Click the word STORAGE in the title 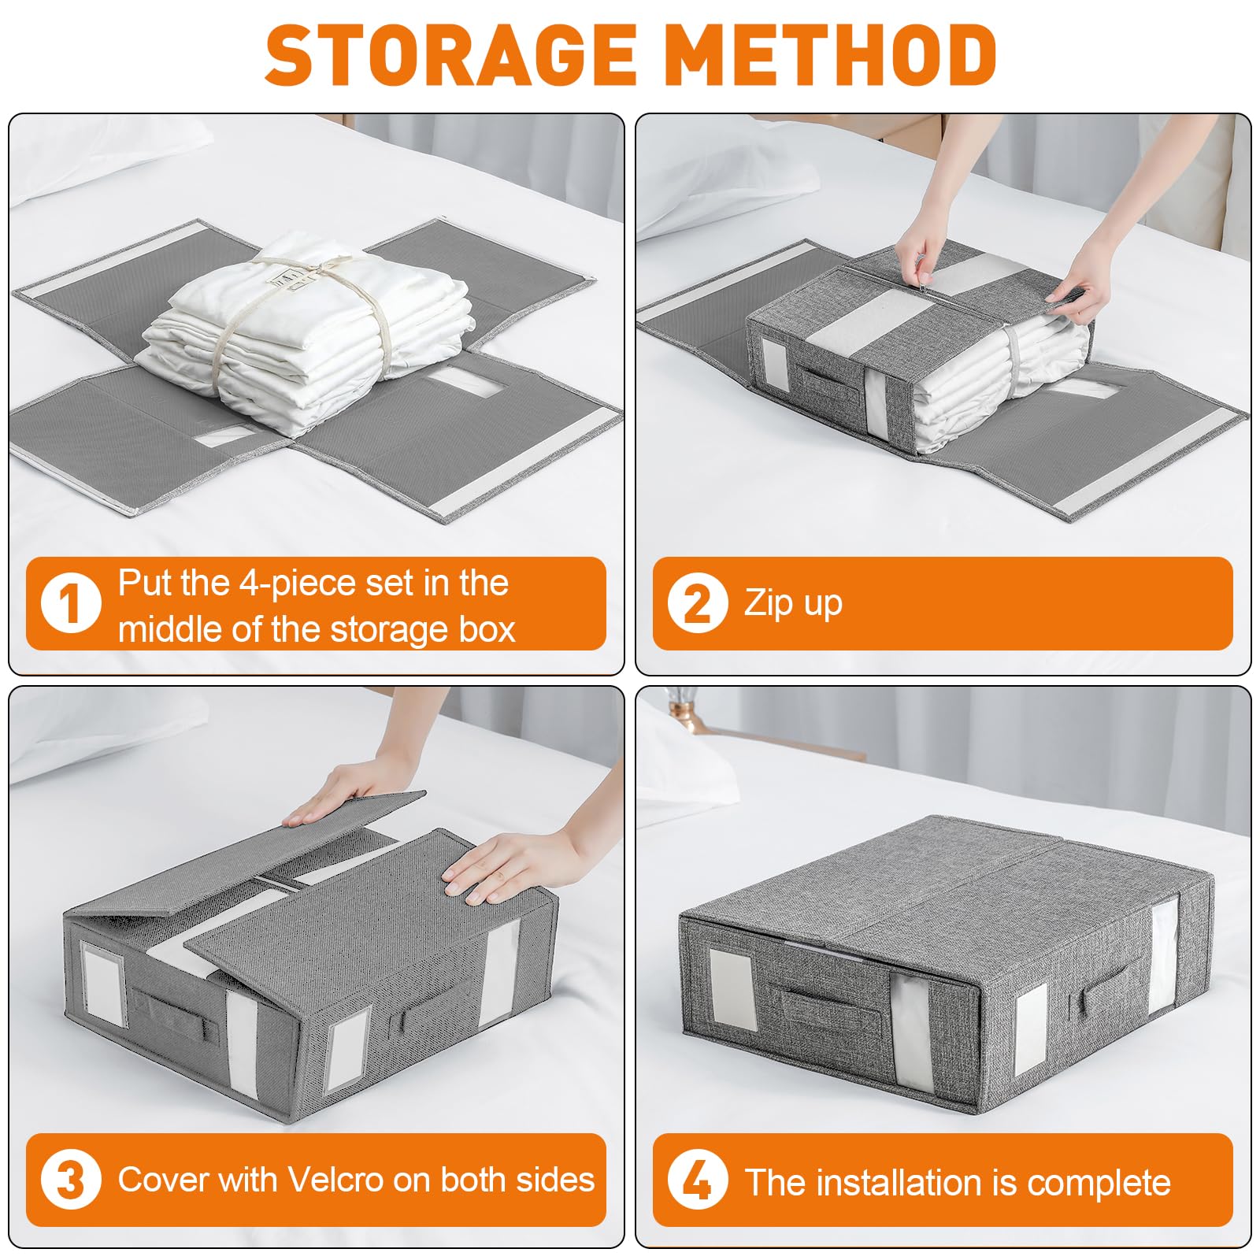pyautogui.click(x=450, y=54)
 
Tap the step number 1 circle pyautogui.click(x=71, y=603)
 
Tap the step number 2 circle pyautogui.click(x=698, y=603)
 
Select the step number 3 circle pyautogui.click(x=71, y=1180)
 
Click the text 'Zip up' pyautogui.click(x=793, y=604)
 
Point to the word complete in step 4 pyautogui.click(x=1099, y=1183)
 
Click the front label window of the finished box pyautogui.click(x=732, y=989)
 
